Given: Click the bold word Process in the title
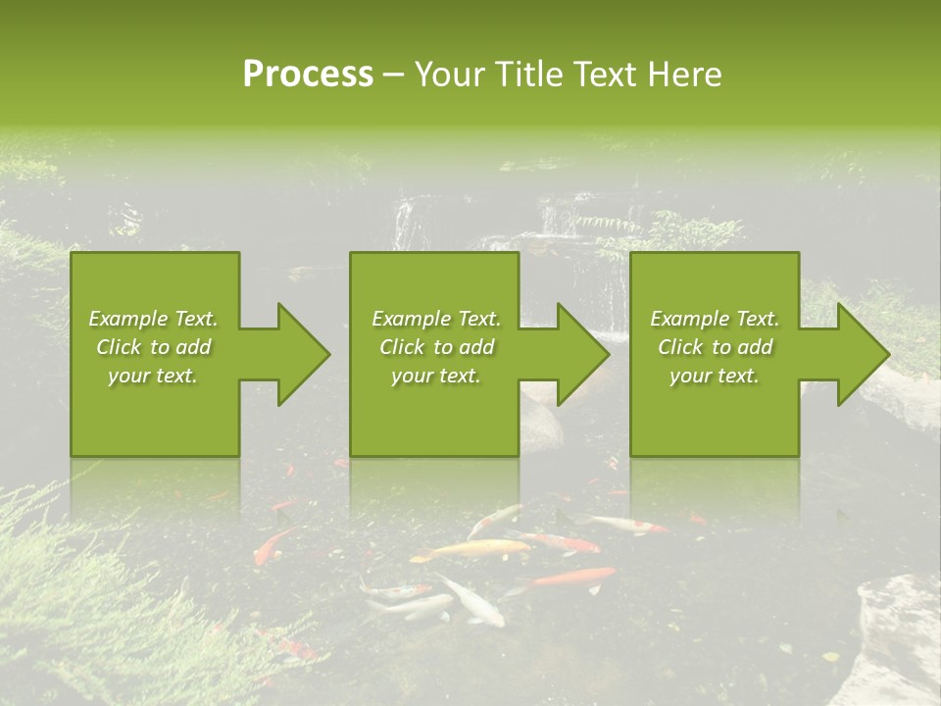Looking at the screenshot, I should pos(308,75).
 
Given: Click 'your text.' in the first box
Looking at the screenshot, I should pos(153,375).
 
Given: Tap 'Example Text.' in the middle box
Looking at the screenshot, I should pos(436,319).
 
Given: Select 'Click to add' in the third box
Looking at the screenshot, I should pos(715,347).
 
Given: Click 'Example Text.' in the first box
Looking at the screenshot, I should pos(153,319).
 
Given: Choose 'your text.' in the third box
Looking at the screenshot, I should pos(715,375).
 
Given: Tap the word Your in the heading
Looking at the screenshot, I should pos(450,75).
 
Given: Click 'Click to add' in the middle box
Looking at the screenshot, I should pos(436,347).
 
